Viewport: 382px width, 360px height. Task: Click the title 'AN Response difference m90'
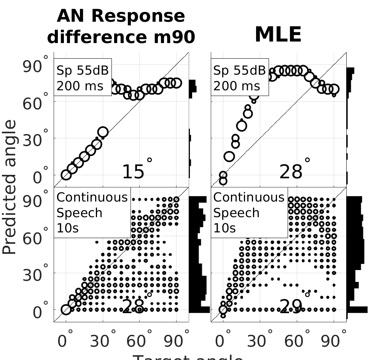(121, 27)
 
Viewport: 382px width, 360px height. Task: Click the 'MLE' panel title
(278, 35)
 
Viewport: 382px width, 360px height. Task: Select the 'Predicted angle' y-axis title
(10, 187)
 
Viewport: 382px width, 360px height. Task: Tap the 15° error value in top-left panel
(136, 171)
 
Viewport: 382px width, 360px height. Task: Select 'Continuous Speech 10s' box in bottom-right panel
(249, 213)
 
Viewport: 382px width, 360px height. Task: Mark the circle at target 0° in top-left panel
(66, 175)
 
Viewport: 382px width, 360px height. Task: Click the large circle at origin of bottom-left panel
(66, 310)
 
